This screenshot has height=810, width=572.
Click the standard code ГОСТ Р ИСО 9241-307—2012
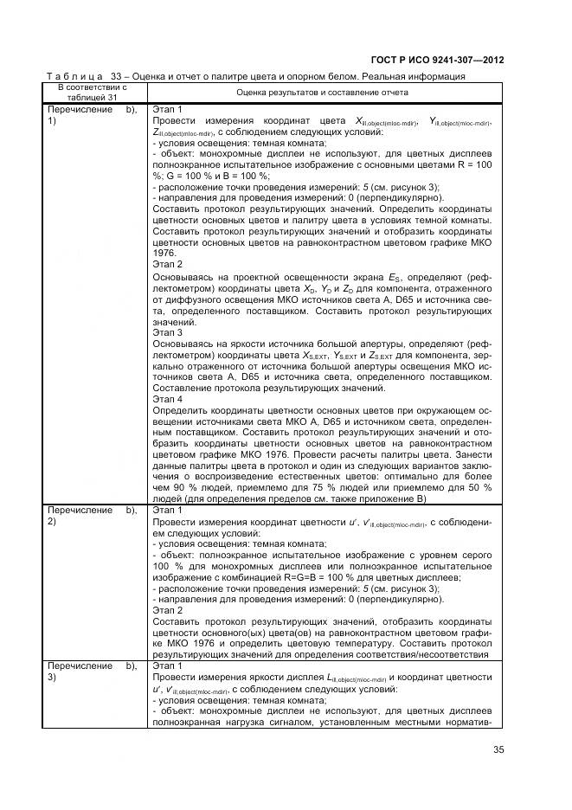coord(437,60)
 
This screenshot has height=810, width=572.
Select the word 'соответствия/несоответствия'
coord(430,655)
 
